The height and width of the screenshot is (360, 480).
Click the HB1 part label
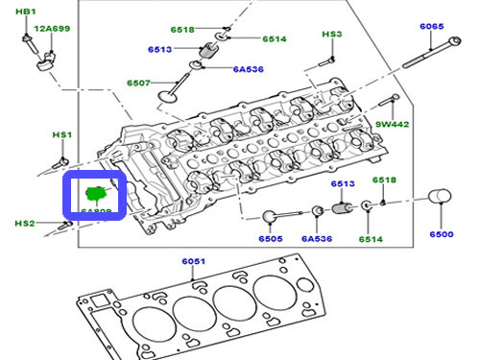26,12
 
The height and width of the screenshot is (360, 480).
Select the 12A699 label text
52,30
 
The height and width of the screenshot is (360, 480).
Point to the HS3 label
331,35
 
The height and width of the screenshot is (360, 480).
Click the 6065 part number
431,28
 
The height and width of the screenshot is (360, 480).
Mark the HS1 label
61,135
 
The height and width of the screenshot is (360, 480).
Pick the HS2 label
24,224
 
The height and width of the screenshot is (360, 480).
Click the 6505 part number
271,239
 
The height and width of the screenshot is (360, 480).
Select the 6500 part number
441,235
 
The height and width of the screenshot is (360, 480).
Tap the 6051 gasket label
195,261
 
